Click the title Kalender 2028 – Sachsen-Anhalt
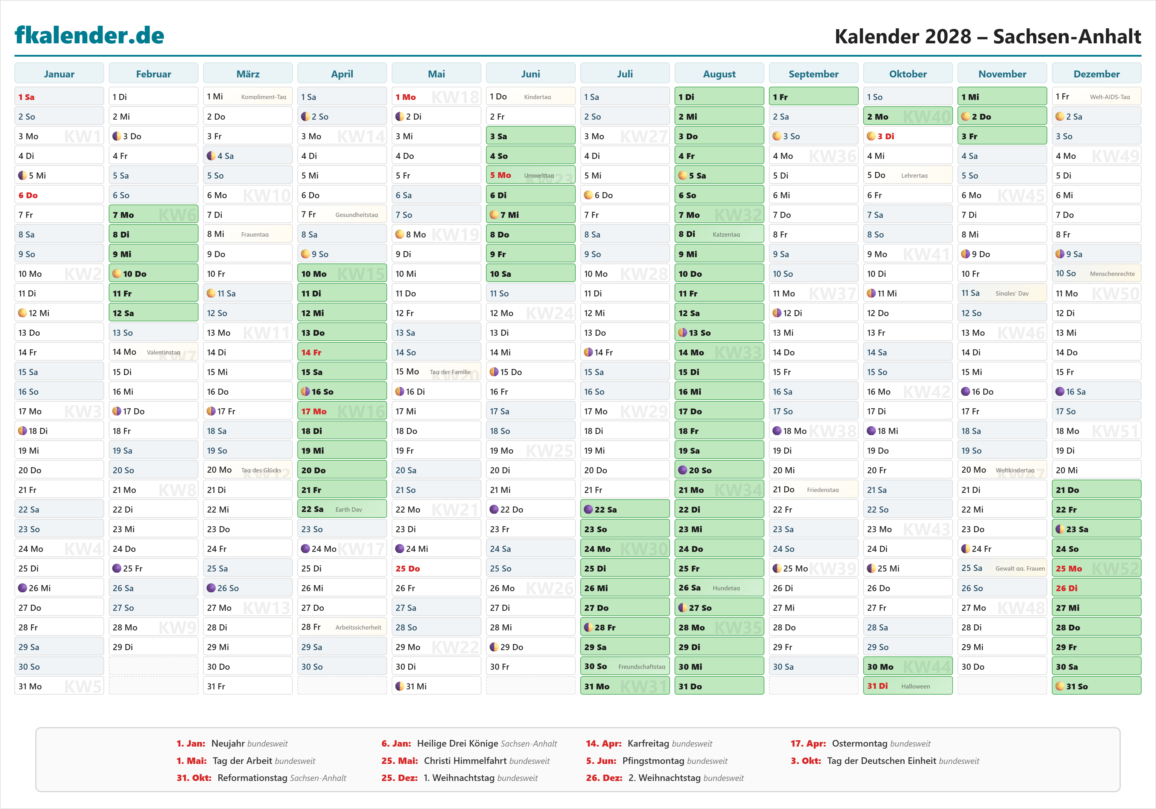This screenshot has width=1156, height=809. [x=987, y=36]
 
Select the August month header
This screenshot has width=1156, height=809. [x=719, y=74]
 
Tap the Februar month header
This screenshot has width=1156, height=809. [x=153, y=74]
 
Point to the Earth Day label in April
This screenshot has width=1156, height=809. [x=349, y=509]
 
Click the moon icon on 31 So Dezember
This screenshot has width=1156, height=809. [x=1060, y=686]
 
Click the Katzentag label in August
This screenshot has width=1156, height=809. [x=726, y=235]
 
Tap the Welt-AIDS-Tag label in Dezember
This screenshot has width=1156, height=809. [x=1110, y=97]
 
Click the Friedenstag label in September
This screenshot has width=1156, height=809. [x=823, y=490]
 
